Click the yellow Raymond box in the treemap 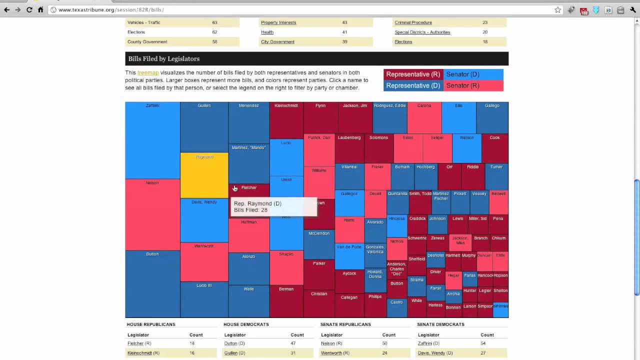tap(204, 175)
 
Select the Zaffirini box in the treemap tap(152, 140)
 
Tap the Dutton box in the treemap tap(152, 283)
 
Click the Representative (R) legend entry tap(413, 74)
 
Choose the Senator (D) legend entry tap(473, 74)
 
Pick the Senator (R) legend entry tap(473, 85)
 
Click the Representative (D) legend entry tap(413, 85)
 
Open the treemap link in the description tap(148, 72)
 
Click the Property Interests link tap(278, 22)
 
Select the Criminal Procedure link tap(413, 22)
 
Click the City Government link tap(277, 42)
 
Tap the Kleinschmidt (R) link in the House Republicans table tap(139, 353)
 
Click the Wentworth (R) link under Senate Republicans tap(331, 353)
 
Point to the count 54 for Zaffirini tap(483, 343)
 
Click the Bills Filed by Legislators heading tap(164, 59)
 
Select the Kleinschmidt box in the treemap tap(286, 120)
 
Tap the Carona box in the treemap tap(424, 117)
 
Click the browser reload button tap(29, 10)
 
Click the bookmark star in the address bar tap(558, 10)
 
